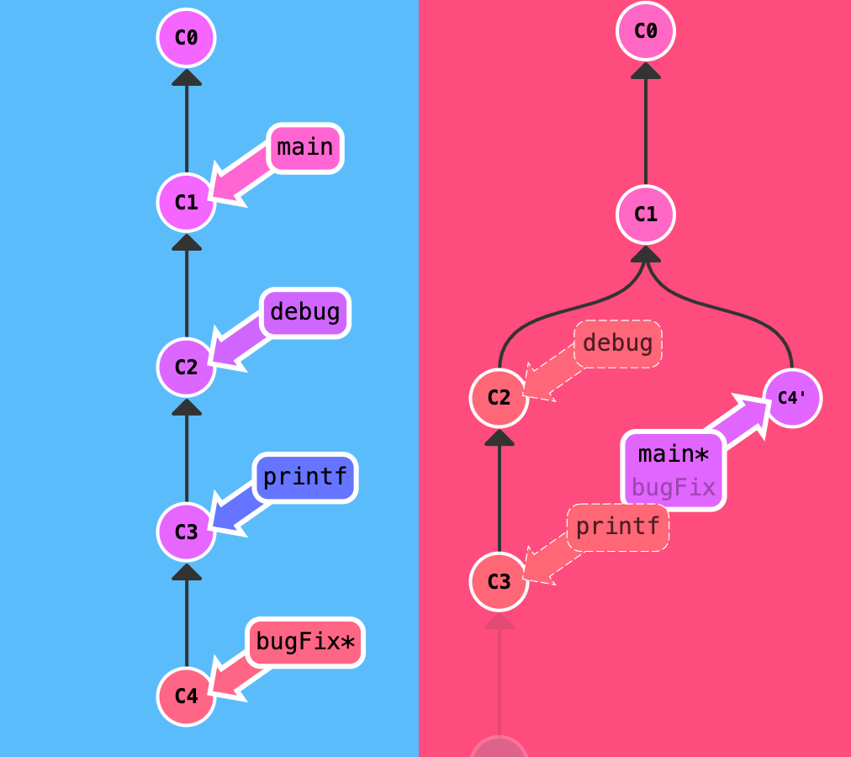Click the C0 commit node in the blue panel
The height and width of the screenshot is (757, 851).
point(186,38)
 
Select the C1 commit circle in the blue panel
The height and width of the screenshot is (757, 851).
point(186,202)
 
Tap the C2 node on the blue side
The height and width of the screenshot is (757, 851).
point(186,367)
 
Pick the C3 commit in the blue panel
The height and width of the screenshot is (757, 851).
point(186,531)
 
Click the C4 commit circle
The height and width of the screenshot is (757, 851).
point(186,696)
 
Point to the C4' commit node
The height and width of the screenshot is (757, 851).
point(792,398)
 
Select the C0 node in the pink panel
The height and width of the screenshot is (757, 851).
point(645,31)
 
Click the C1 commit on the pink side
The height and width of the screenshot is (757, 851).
point(645,214)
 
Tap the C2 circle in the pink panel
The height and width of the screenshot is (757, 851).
point(499,398)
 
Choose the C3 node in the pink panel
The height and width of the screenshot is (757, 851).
point(499,581)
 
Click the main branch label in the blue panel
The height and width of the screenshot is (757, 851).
point(305,148)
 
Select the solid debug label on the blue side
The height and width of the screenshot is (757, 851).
point(305,313)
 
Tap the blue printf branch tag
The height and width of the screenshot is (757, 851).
point(305,478)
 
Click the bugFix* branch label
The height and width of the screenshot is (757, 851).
point(305,643)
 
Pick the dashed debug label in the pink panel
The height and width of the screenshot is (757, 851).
point(617,344)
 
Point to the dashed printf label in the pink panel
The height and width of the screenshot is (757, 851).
point(617,527)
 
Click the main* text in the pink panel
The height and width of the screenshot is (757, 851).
point(673,454)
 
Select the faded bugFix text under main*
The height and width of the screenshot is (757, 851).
point(673,487)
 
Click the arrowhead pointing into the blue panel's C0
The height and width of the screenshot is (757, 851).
point(187,77)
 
